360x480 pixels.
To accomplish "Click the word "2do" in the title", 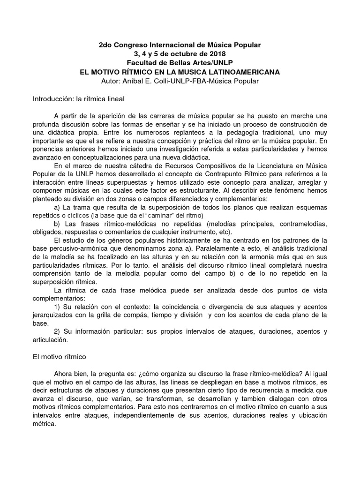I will [105, 45].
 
